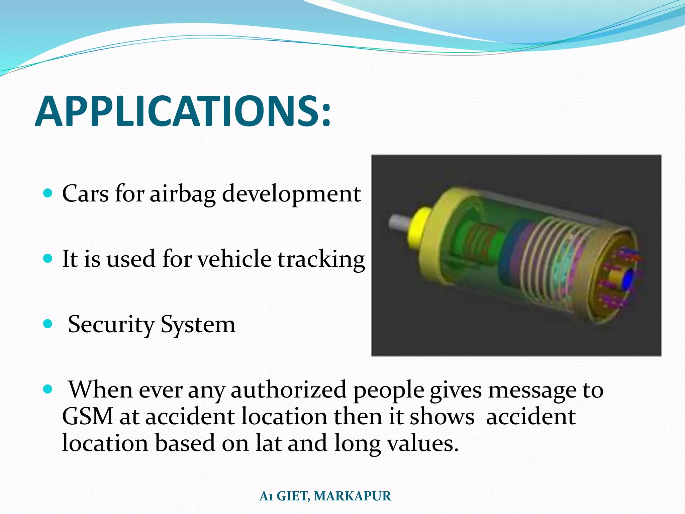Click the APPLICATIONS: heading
click(183, 111)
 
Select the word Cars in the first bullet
click(85, 194)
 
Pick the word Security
click(111, 324)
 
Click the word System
click(198, 324)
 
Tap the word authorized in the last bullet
click(288, 390)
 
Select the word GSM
click(88, 417)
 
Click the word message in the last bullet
click(532, 390)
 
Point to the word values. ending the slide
click(422, 443)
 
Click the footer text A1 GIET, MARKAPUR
click(325, 496)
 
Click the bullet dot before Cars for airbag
click(48, 193)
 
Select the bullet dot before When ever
click(48, 389)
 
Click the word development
click(291, 194)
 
